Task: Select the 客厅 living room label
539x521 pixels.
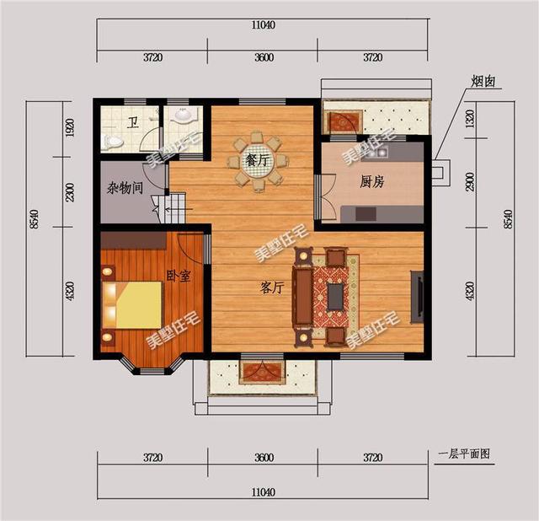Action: pos(271,287)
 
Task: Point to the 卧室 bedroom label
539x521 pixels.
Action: pos(178,276)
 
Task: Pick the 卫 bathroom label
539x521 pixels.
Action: pos(133,122)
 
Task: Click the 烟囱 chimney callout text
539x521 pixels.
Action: pos(483,82)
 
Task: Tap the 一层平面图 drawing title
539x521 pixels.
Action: pos(464,454)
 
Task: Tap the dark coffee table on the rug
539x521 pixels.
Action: pos(334,296)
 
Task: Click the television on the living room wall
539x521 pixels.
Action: pos(416,296)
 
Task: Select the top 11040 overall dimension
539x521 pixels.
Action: pos(263,25)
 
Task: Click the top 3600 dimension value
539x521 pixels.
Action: pos(263,57)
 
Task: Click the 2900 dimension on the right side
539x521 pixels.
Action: pos(470,180)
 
